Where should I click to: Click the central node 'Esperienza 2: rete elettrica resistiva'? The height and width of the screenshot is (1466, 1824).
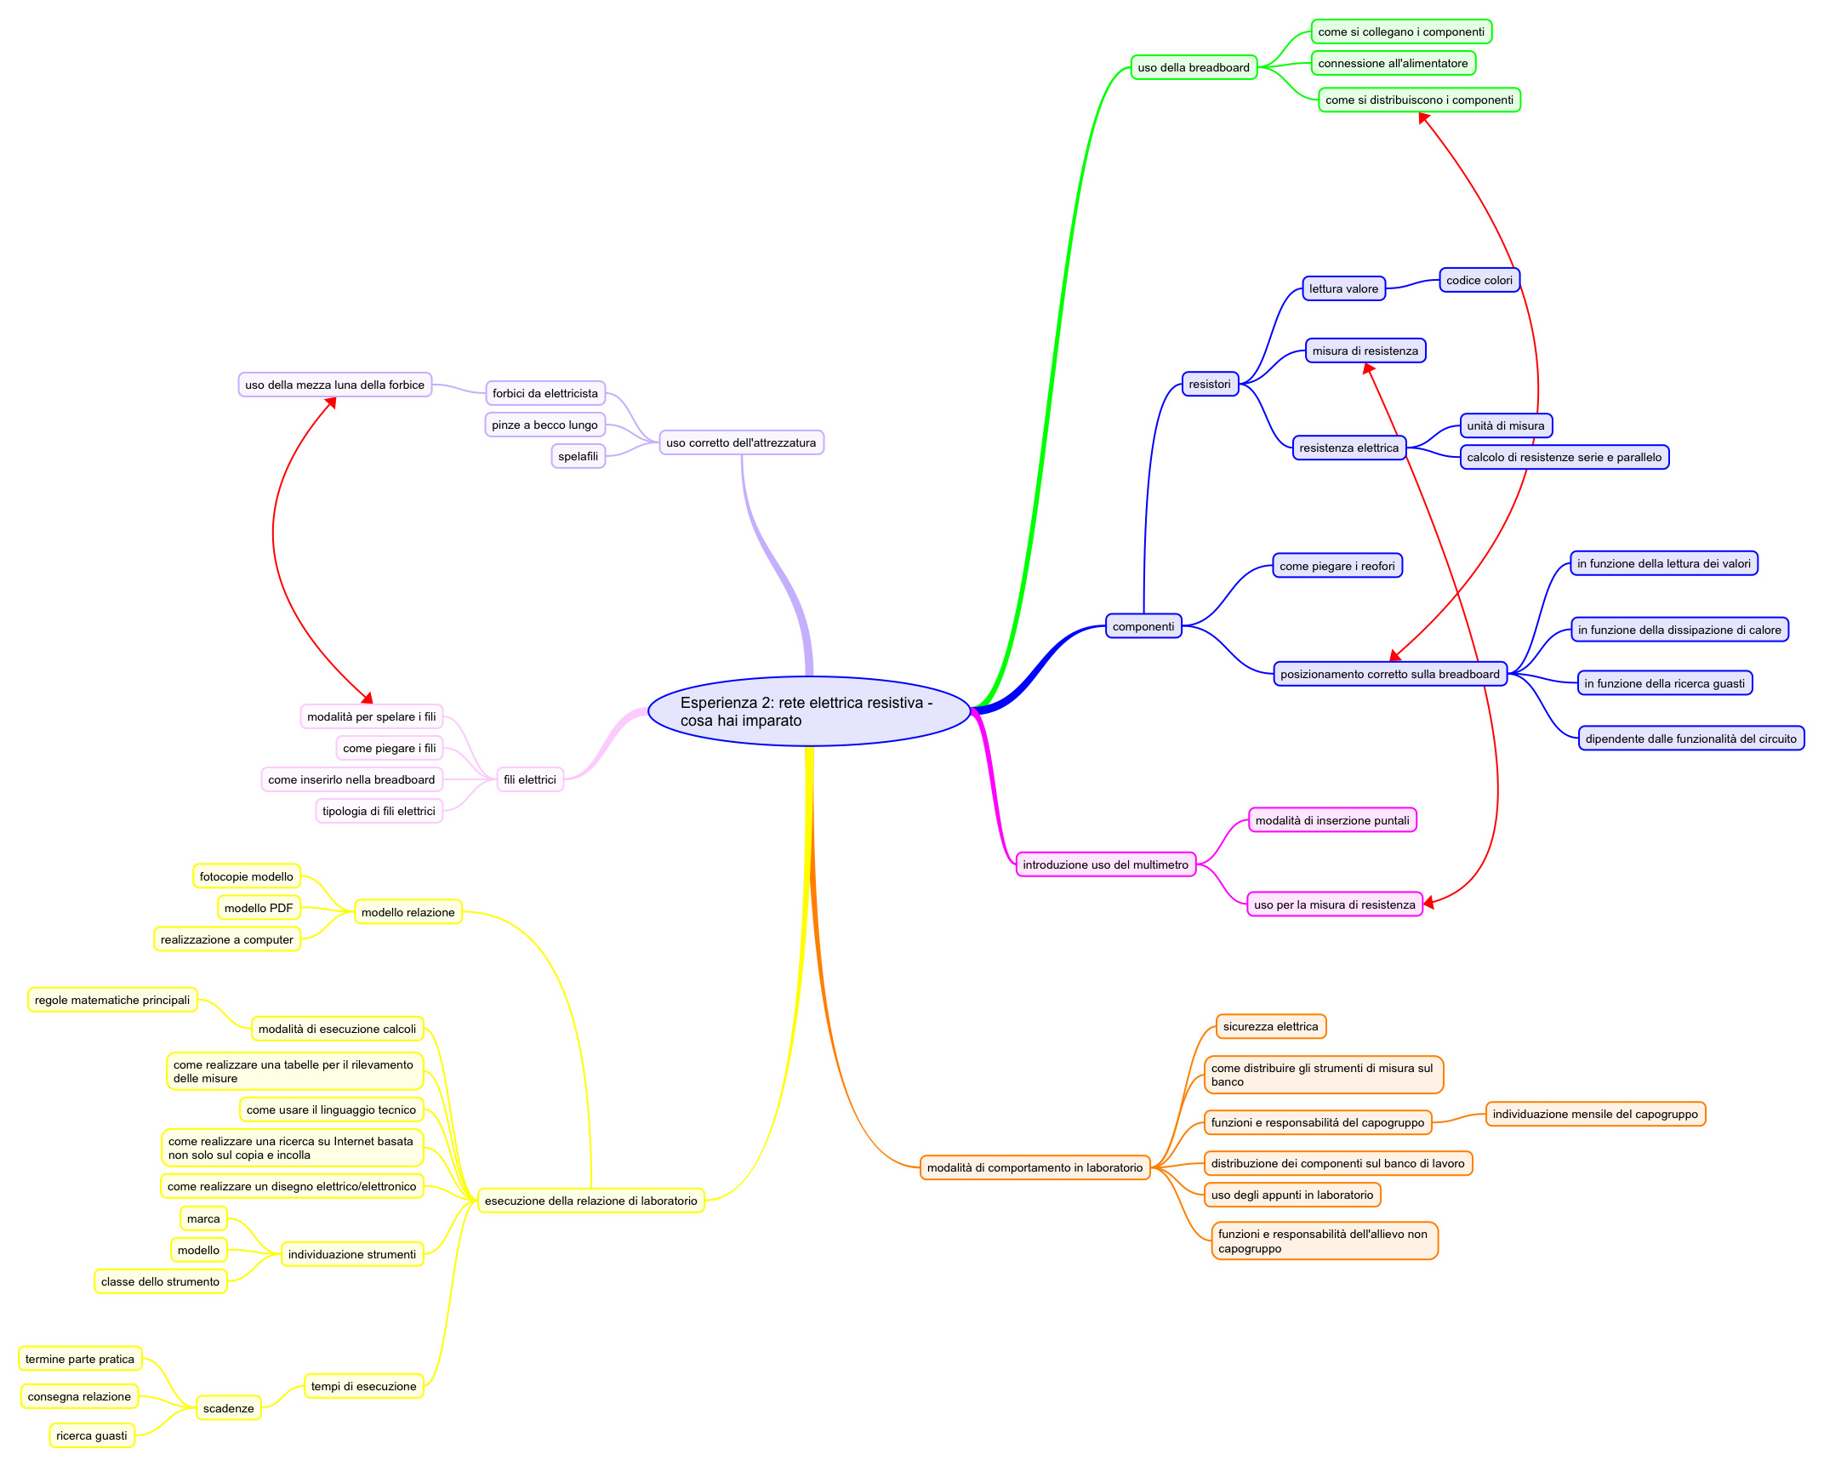[808, 711]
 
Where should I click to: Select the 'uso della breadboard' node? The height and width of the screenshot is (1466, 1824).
[1194, 67]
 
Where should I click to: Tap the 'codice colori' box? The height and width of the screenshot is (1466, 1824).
[1479, 280]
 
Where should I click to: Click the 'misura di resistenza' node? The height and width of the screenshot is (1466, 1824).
[1365, 351]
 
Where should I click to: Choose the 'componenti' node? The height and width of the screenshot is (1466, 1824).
[1143, 626]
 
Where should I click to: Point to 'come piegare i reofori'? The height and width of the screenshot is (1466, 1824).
[1337, 566]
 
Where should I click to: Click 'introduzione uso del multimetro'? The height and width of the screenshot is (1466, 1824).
[1105, 864]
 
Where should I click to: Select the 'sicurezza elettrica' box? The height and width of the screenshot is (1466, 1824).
[1270, 1026]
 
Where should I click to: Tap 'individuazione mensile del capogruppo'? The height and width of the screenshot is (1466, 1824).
[1594, 1114]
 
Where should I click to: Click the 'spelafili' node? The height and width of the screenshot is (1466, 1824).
[578, 456]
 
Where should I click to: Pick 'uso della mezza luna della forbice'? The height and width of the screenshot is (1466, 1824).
[334, 385]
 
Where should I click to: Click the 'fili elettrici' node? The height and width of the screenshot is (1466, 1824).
[529, 779]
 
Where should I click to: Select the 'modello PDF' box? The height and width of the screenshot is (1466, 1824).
[259, 908]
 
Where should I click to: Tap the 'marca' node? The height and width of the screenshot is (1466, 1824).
[203, 1218]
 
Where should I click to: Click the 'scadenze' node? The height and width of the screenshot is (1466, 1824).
[228, 1408]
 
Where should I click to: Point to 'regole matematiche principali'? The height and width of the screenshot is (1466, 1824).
[112, 1000]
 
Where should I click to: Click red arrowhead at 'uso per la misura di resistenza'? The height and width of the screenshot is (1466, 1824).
[1429, 902]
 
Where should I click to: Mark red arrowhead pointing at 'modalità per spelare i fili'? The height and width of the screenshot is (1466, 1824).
[368, 698]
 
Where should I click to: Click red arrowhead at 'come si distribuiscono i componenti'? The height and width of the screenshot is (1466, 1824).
[1423, 118]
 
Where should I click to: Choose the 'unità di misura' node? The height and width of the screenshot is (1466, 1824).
[1505, 425]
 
